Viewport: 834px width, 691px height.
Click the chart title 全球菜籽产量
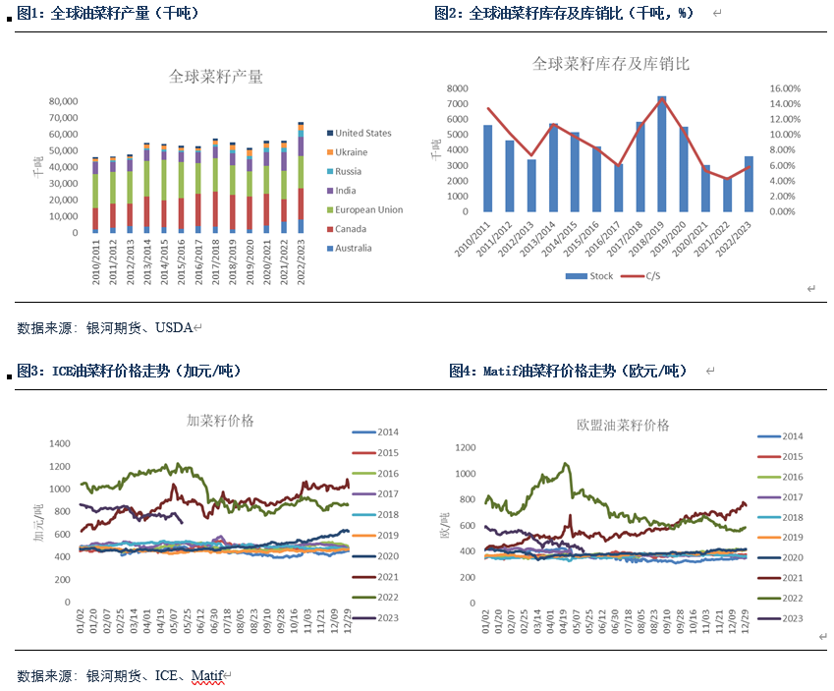pyautogui.click(x=216, y=76)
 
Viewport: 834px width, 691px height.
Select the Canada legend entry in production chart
pyautogui.click(x=351, y=229)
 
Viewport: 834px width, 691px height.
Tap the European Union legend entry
pyautogui.click(x=368, y=209)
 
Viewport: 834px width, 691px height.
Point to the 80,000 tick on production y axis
pyautogui.click(x=62, y=101)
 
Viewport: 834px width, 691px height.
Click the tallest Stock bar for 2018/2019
pyautogui.click(x=661, y=153)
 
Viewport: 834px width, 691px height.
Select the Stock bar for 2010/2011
pyautogui.click(x=488, y=168)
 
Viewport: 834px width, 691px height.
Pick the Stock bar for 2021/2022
pyautogui.click(x=726, y=195)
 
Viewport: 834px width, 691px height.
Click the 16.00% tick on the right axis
pyautogui.click(x=785, y=88)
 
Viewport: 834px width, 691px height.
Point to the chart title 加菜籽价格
pyautogui.click(x=221, y=420)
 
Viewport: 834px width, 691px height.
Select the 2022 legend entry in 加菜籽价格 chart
pyautogui.click(x=387, y=598)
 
